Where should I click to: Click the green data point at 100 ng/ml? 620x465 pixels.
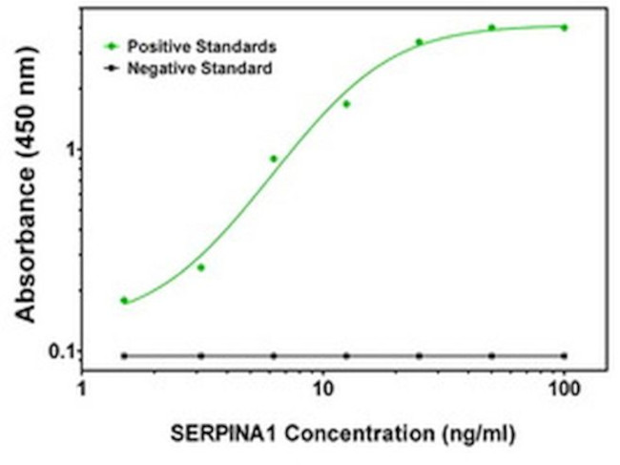tap(565, 28)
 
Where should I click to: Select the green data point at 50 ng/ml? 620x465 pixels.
tap(492, 28)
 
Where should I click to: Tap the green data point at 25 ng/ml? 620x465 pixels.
tap(419, 42)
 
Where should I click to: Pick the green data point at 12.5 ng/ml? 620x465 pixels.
tap(346, 104)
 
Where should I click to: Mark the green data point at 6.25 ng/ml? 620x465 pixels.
tap(274, 159)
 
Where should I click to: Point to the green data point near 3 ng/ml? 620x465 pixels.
tap(200, 267)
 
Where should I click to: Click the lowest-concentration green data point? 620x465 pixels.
tap(124, 300)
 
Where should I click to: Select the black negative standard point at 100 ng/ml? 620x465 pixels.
tap(565, 355)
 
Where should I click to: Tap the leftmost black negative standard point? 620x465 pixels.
tap(124, 355)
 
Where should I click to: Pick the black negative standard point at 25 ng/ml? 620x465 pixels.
tap(419, 355)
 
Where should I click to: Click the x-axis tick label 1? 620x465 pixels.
tap(82, 390)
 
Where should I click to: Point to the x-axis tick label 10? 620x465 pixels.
tap(323, 390)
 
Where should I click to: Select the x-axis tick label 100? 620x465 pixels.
tap(565, 390)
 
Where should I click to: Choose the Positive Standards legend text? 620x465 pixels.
tap(202, 45)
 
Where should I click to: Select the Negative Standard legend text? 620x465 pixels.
tap(200, 68)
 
